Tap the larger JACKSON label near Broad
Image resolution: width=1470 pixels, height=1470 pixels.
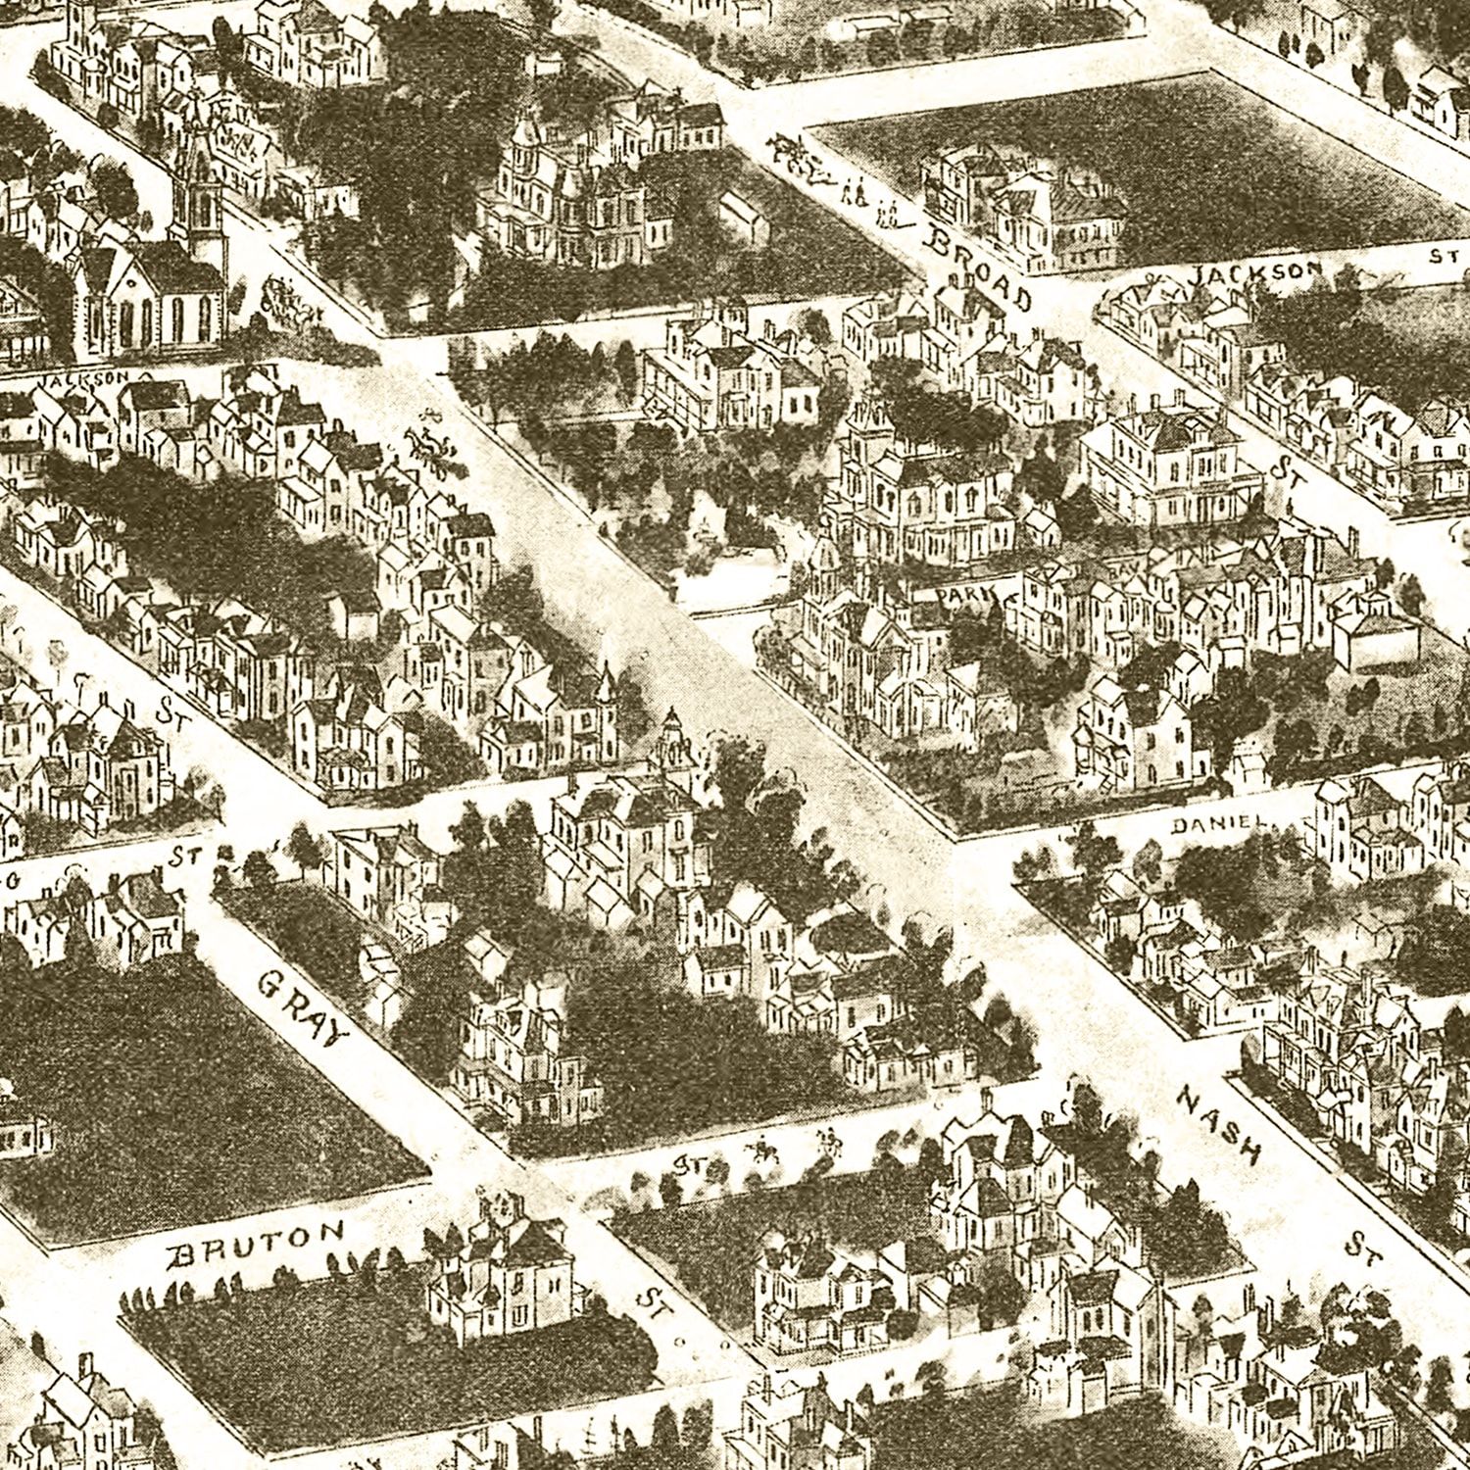point(1254,273)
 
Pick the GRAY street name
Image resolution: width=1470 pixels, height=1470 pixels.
point(305,1007)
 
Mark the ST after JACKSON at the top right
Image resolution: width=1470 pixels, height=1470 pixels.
point(1439,257)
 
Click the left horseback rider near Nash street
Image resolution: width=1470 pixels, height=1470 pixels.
point(759,1148)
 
